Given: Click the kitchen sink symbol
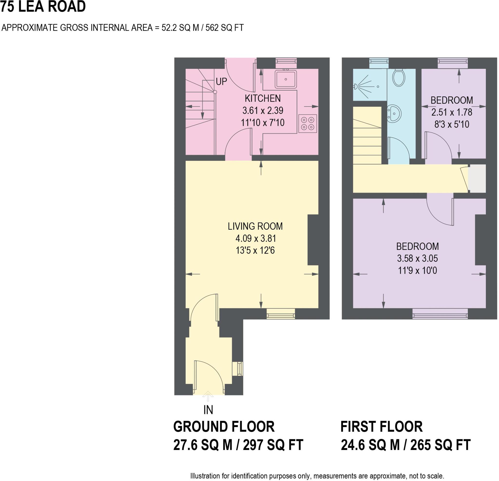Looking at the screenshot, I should [286, 79].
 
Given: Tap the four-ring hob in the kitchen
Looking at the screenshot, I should [307, 124].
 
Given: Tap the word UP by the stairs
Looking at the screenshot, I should [221, 82].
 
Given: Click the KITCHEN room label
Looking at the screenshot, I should [263, 98].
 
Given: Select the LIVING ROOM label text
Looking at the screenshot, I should [255, 226].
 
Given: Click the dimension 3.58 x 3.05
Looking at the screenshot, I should [418, 258].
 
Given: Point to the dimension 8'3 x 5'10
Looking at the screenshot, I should [452, 124].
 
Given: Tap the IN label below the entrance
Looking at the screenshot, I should [208, 410].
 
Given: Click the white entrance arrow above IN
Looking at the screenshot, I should [208, 396].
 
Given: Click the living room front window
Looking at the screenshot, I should [281, 314].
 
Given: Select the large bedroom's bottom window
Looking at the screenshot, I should [440, 314].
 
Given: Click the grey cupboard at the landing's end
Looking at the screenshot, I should [477, 178].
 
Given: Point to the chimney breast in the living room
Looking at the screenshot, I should [313, 240].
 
